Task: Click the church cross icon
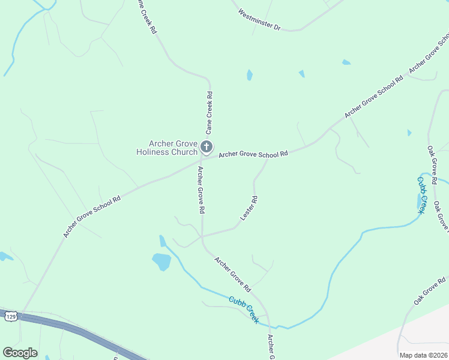[206, 146]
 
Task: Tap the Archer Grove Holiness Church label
[173, 148]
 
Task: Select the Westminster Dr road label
[259, 20]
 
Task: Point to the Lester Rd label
[249, 208]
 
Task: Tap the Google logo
[20, 353]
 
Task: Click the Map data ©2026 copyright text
[423, 355]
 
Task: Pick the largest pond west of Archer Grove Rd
[161, 262]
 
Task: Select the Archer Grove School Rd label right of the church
[253, 154]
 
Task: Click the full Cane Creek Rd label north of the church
[209, 112]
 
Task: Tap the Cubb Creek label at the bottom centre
[244, 310]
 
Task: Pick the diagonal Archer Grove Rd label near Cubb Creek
[232, 271]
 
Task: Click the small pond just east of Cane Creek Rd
[249, 75]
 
